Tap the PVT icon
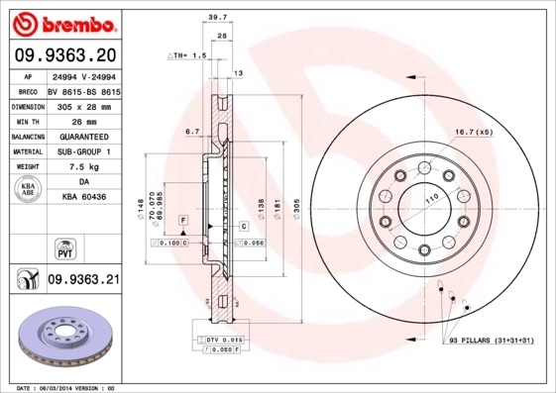tap(60, 247)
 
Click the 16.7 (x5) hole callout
tap(473, 131)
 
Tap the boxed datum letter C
tap(243, 227)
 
